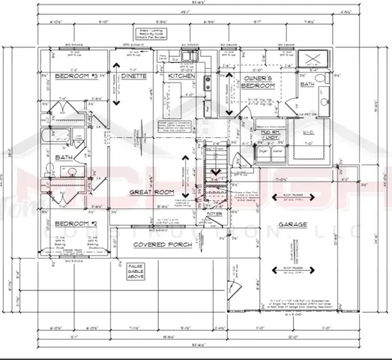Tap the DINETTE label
click(x=137, y=76)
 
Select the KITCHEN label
click(x=181, y=76)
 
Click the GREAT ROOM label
click(x=151, y=192)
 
